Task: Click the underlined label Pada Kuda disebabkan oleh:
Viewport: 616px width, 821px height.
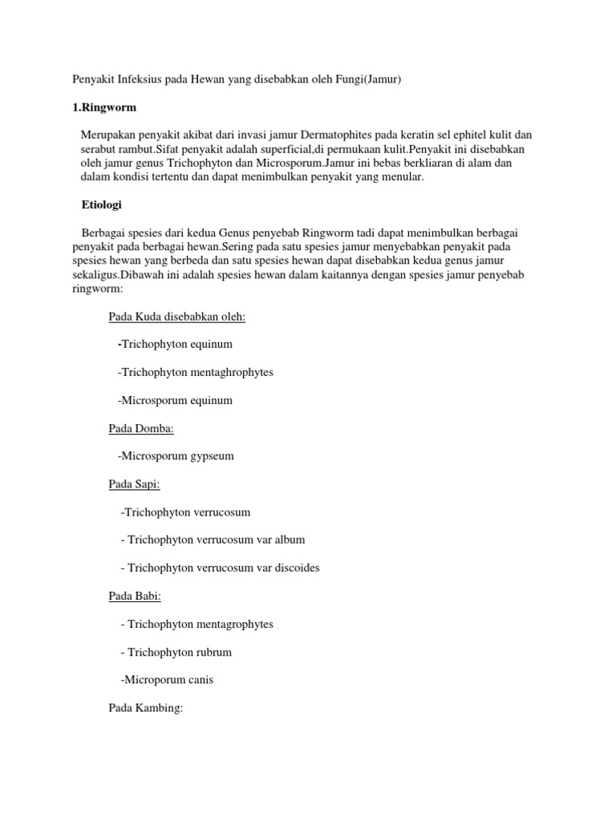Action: pyautogui.click(x=177, y=317)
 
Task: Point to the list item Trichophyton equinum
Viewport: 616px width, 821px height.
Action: pyautogui.click(x=176, y=345)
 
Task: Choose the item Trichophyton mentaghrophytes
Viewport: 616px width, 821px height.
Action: pyautogui.click(x=196, y=373)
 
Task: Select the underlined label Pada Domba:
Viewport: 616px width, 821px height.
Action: pyautogui.click(x=141, y=429)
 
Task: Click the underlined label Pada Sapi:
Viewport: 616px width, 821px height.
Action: pyautogui.click(x=135, y=484)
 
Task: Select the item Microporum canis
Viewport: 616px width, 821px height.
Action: pyautogui.click(x=168, y=680)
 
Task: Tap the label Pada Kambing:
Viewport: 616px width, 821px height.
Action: pyautogui.click(x=146, y=708)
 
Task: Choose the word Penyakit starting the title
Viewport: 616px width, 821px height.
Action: pyautogui.click(x=90, y=79)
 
